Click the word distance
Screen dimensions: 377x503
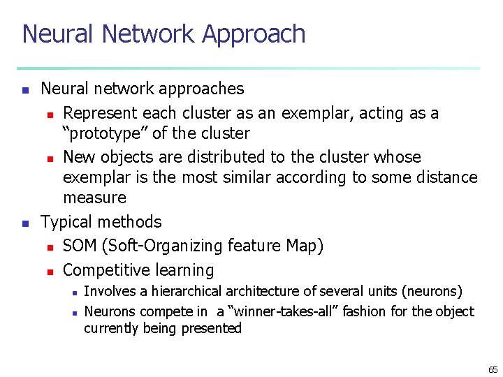pos(446,177)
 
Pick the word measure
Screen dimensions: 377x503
pos(94,198)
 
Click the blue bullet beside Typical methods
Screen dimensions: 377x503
pos(25,223)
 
